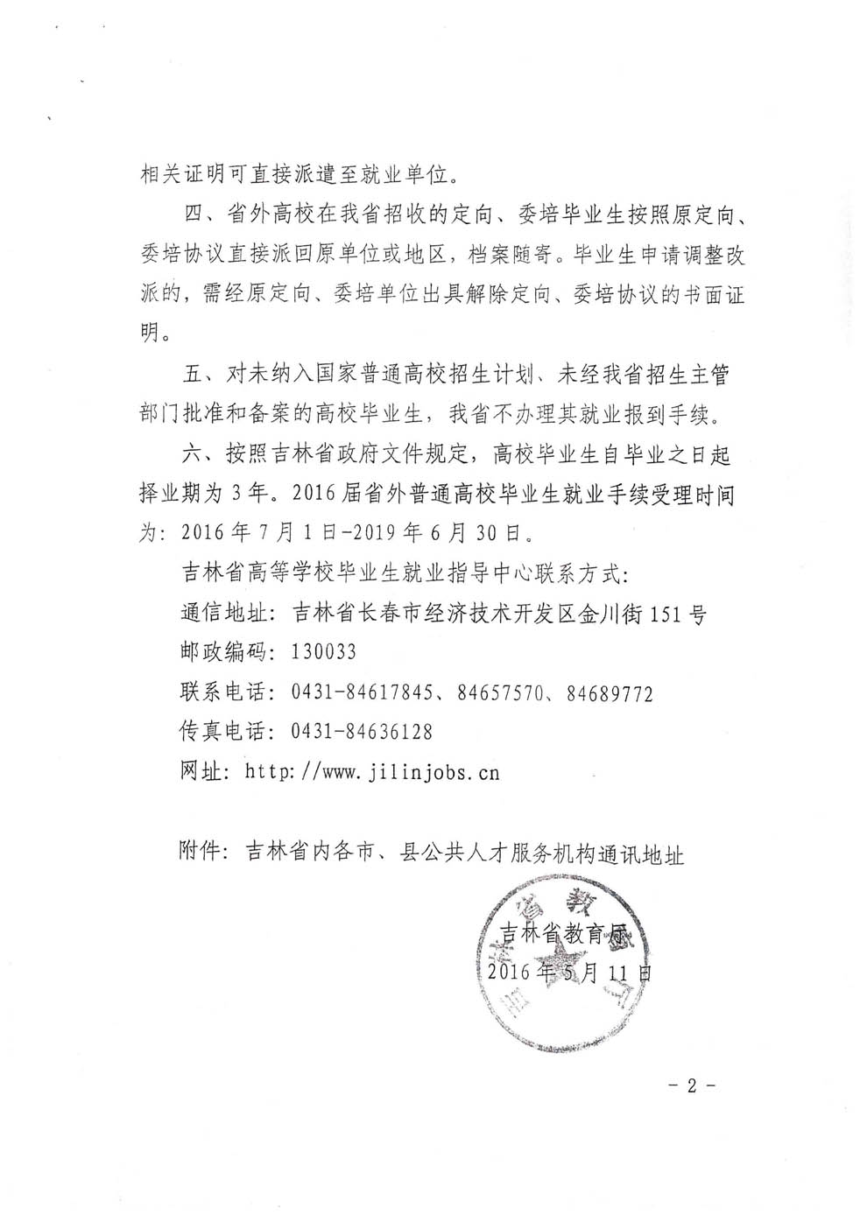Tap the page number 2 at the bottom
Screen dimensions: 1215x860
(691, 1086)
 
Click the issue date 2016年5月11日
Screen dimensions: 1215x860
(570, 971)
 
